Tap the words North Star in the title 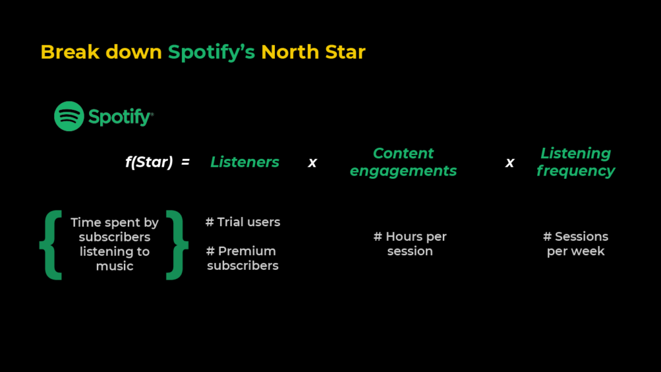click(x=313, y=52)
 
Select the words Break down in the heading click(x=101, y=52)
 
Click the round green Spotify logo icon click(x=69, y=116)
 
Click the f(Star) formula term click(x=149, y=162)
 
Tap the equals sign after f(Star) click(x=185, y=162)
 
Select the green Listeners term click(x=245, y=162)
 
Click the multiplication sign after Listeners click(x=312, y=163)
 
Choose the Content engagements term click(x=403, y=162)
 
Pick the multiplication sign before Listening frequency click(x=509, y=163)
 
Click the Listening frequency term click(x=575, y=162)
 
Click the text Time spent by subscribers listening click(x=114, y=237)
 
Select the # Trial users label click(x=243, y=222)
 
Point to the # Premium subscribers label click(x=243, y=258)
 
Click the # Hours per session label click(x=410, y=244)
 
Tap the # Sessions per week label click(x=575, y=244)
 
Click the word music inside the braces click(x=114, y=266)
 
